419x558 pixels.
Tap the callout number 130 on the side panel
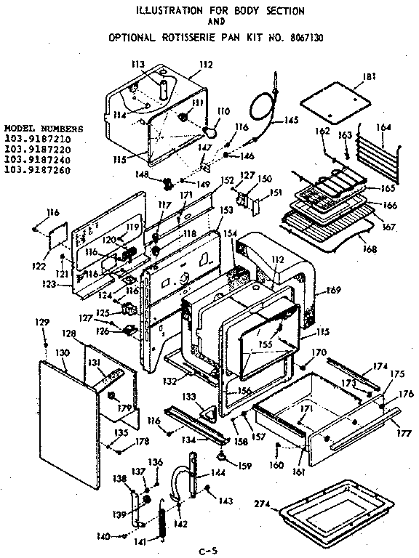pos(63,352)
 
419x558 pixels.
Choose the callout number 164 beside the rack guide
pos(384,127)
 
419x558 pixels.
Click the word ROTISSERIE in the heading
pos(187,36)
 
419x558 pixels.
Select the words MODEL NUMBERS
pos(43,129)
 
